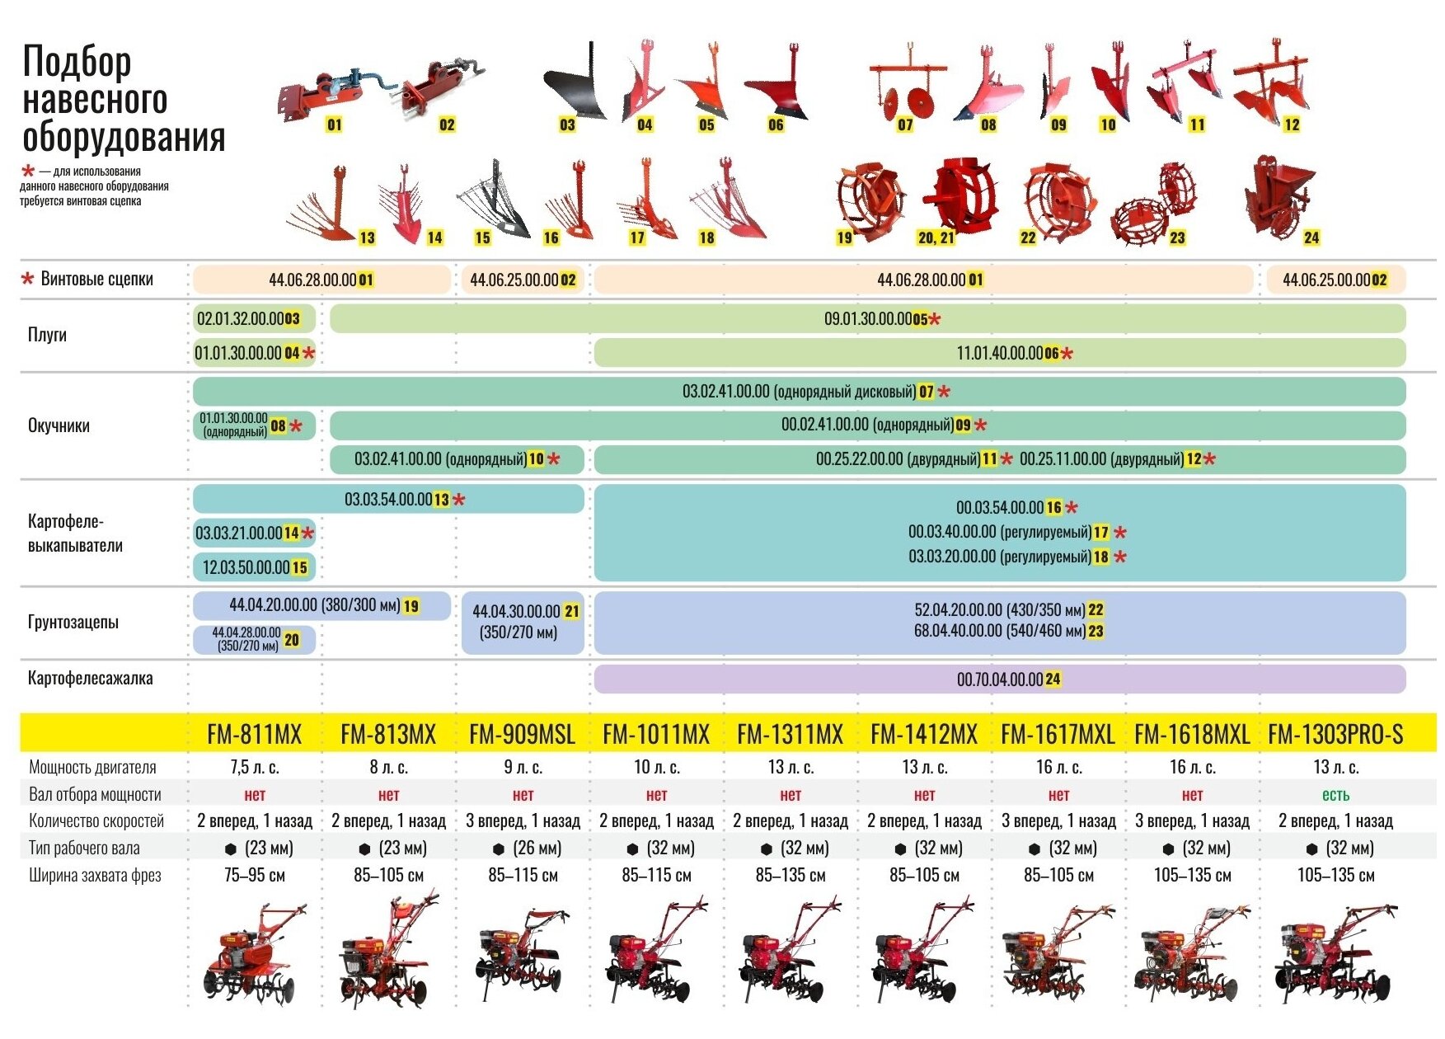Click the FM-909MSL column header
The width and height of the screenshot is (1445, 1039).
click(x=522, y=734)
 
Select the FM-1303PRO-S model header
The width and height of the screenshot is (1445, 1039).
click(x=1335, y=734)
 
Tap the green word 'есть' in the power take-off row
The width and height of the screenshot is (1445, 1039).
click(x=1335, y=795)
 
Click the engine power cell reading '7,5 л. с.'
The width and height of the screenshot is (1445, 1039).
click(x=255, y=768)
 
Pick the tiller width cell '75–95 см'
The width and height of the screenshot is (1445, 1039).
click(x=255, y=876)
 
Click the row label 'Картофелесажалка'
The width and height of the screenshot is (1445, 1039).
click(x=91, y=679)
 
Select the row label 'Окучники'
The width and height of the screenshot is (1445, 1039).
click(x=59, y=425)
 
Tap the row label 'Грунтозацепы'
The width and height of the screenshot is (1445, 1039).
click(x=73, y=622)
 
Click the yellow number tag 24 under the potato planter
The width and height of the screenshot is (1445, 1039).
click(x=1311, y=237)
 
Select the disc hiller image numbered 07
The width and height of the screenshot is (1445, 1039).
click(x=908, y=87)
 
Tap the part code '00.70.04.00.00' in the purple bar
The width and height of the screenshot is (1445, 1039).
click(x=1000, y=679)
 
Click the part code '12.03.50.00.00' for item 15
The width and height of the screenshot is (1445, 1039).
click(x=246, y=567)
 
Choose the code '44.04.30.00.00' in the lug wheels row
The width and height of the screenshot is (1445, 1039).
click(x=516, y=612)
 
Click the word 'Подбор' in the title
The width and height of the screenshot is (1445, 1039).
click(x=77, y=61)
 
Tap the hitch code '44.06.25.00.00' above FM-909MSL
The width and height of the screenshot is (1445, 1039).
click(x=514, y=280)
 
